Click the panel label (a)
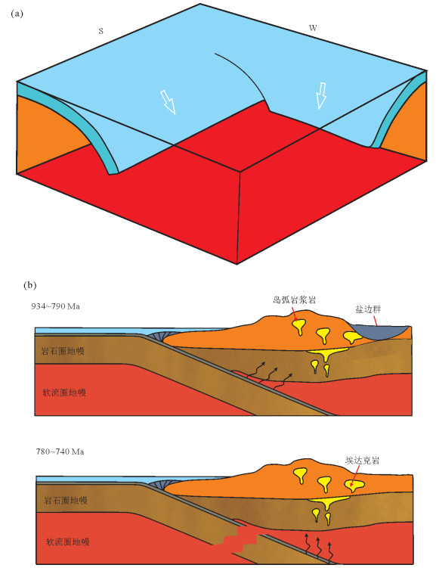(17, 14)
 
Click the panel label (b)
(30, 285)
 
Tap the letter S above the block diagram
(101, 31)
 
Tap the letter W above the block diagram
(313, 28)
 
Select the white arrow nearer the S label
(168, 102)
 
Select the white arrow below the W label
(321, 96)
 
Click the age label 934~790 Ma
(55, 306)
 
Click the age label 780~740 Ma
(60, 452)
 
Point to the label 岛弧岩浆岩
(294, 300)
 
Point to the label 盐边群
(368, 309)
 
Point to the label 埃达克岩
(362, 461)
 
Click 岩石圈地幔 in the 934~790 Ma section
(63, 351)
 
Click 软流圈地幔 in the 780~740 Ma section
(68, 542)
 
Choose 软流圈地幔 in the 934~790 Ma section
(64, 393)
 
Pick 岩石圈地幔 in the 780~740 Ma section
(66, 500)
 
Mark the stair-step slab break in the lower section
(240, 541)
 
